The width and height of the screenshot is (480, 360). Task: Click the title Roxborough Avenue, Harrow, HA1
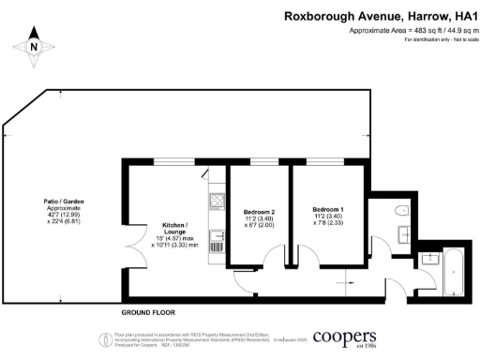click(x=380, y=17)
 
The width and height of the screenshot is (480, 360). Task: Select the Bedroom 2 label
click(x=258, y=212)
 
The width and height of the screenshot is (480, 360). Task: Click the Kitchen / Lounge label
click(x=173, y=227)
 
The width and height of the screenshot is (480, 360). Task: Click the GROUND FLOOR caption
click(x=149, y=310)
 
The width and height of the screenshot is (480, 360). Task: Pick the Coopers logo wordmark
click(x=345, y=337)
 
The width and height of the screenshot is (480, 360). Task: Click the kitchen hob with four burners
click(x=217, y=201)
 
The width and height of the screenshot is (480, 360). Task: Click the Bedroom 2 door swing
click(x=275, y=256)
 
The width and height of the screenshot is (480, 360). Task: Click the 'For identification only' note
click(x=435, y=39)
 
